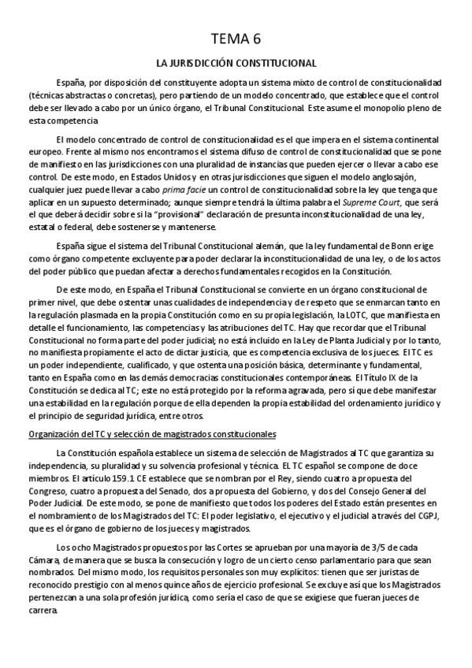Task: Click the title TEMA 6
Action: (236, 39)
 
